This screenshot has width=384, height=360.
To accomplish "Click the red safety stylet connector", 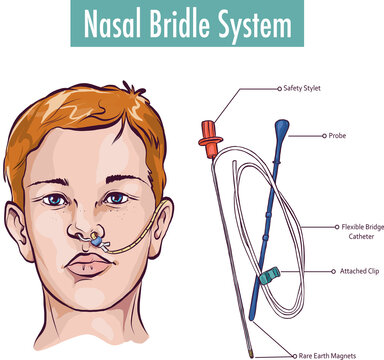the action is click(208, 138).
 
